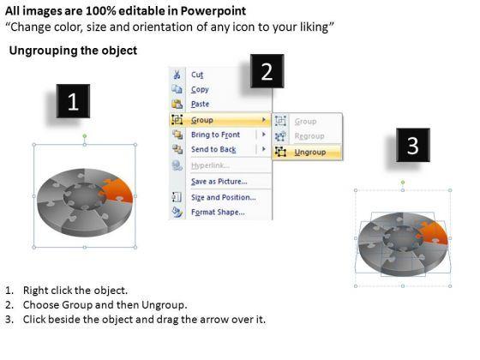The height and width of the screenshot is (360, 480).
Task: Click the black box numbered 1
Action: pos(73,101)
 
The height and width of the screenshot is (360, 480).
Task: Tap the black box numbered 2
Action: pos(267,71)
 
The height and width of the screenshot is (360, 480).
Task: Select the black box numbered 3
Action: pos(413,145)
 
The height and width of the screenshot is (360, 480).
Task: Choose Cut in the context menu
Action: pos(197,75)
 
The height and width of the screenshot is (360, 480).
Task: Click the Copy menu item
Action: pos(200,89)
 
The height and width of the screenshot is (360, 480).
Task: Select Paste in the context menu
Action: pos(201,104)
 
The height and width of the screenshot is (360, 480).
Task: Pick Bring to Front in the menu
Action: pos(215,135)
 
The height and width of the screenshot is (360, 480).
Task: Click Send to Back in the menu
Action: pos(213,149)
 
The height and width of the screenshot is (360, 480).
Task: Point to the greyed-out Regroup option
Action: pos(309,136)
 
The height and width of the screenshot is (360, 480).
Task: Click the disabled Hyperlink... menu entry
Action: pos(210,165)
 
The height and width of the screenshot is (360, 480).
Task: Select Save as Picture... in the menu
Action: pos(219,182)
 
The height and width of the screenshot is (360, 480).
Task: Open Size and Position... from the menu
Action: pos(224,197)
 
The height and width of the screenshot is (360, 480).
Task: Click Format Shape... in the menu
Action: pos(218,213)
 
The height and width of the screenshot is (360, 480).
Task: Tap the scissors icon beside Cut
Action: pos(177,75)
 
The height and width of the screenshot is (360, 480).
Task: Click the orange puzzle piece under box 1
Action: pos(118,190)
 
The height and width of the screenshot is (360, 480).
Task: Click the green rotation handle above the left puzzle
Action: pos(85,136)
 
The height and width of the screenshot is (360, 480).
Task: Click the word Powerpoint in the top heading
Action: pos(213,11)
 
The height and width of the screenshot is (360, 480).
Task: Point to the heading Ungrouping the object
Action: pos(73,51)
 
